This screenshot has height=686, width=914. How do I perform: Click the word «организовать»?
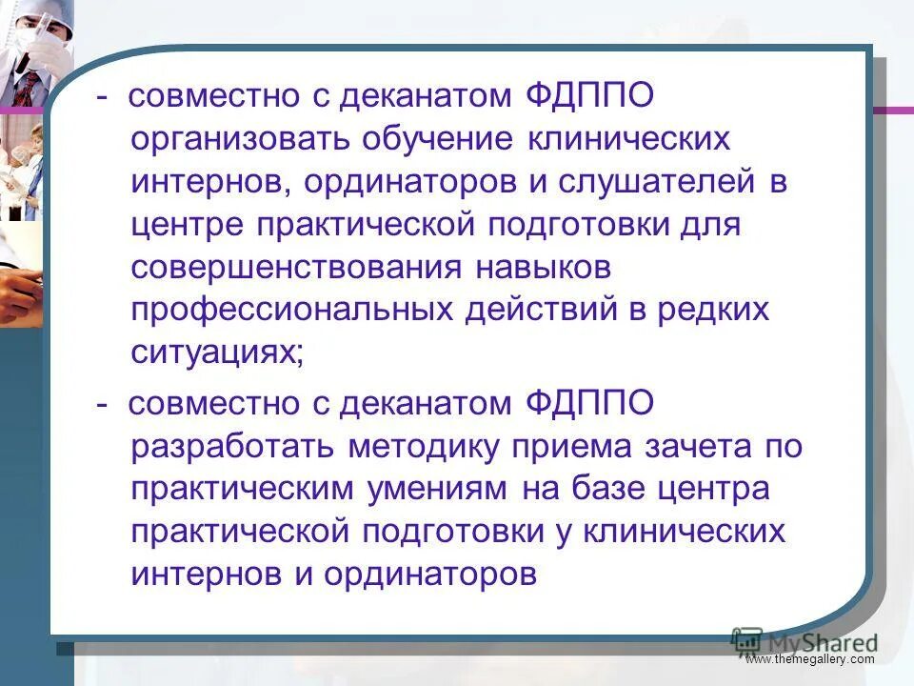pos(238,140)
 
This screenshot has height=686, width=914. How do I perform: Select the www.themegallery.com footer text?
pos(809,659)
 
